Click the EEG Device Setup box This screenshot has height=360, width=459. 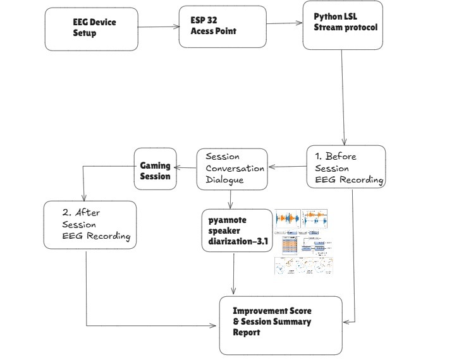coord(90,29)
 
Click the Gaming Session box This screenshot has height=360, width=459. coord(154,169)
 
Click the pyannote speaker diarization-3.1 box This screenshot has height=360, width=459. coord(236,234)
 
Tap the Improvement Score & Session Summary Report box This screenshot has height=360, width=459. coord(280,325)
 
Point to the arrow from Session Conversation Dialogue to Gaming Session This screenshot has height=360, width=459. coord(185,168)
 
